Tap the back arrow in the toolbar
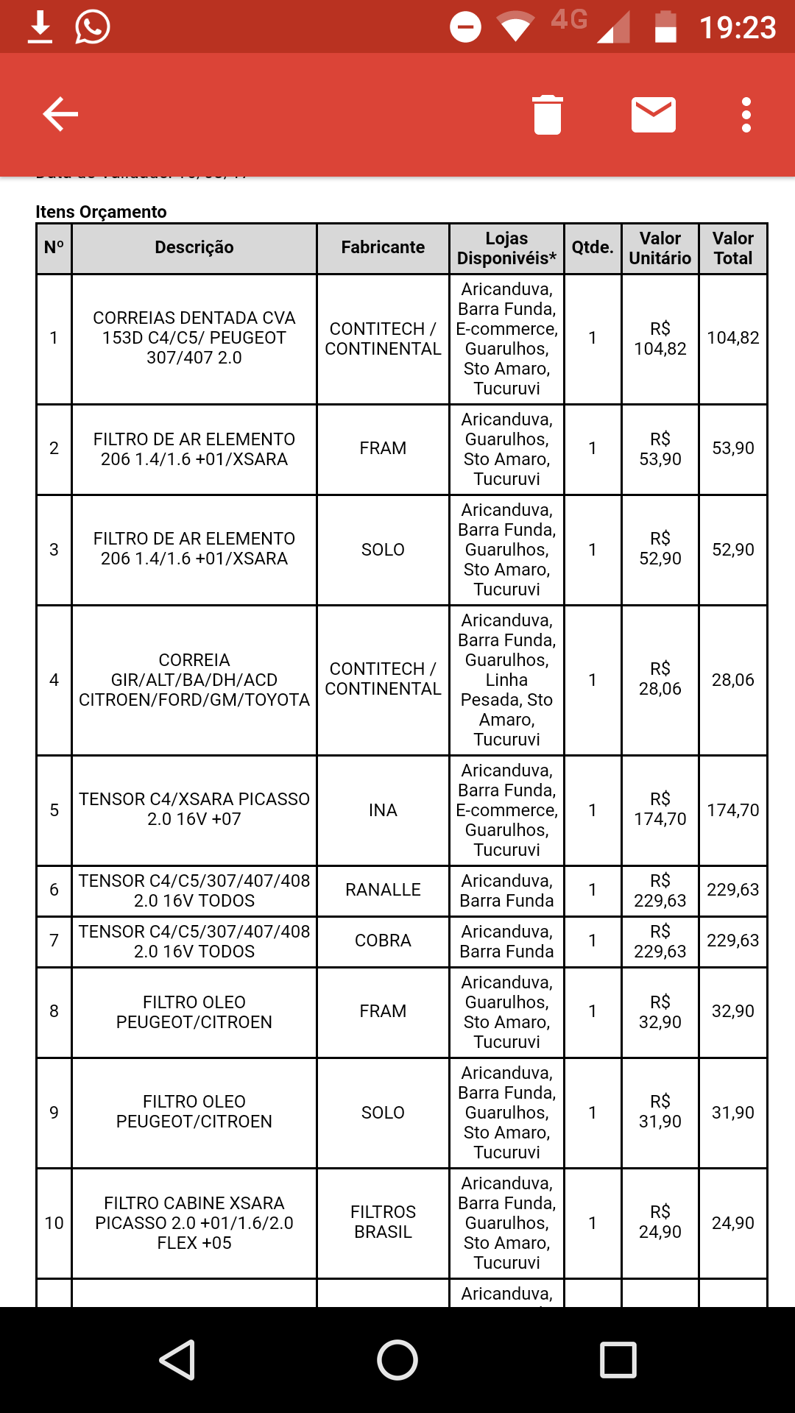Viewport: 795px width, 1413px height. click(x=60, y=114)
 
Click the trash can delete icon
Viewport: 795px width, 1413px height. click(x=548, y=115)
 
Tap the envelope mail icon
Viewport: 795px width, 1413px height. click(x=654, y=115)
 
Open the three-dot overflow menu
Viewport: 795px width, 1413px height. click(x=746, y=115)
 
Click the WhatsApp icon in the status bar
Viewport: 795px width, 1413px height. click(x=93, y=26)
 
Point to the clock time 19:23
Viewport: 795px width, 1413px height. click(x=737, y=28)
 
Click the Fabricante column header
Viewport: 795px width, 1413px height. click(x=383, y=248)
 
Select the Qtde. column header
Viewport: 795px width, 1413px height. click(x=593, y=248)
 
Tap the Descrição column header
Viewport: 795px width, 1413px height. click(x=194, y=248)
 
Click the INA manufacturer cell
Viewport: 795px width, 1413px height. click(x=383, y=810)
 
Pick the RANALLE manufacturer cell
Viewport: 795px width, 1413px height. click(x=383, y=890)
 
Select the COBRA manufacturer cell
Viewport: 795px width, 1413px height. click(x=383, y=941)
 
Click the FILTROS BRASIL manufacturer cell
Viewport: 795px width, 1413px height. click(x=383, y=1222)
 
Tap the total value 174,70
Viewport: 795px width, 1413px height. click(x=733, y=810)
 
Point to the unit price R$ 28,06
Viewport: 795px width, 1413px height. click(x=660, y=679)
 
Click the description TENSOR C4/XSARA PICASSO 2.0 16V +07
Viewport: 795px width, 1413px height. click(x=194, y=810)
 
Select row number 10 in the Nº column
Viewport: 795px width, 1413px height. click(x=54, y=1223)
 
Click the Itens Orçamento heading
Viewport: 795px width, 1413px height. click(x=102, y=212)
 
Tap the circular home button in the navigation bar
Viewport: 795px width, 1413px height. click(x=397, y=1359)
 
